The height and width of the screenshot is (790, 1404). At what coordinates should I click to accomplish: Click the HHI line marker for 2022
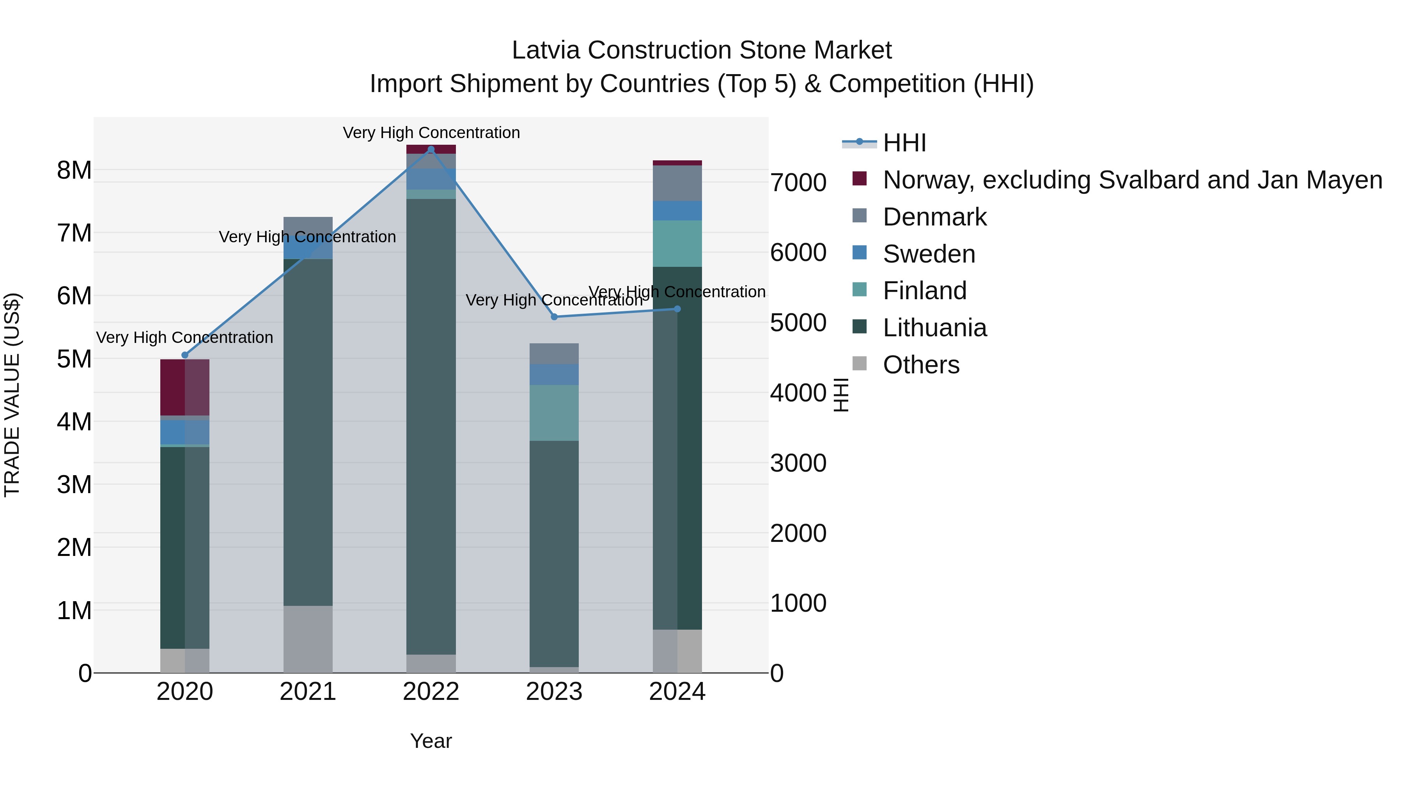pyautogui.click(x=431, y=149)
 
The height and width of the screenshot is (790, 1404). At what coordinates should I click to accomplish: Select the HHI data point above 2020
pyautogui.click(x=185, y=355)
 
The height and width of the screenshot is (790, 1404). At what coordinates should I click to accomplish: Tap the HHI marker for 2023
pyautogui.click(x=554, y=317)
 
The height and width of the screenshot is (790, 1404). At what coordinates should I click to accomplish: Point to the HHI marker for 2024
pyautogui.click(x=677, y=309)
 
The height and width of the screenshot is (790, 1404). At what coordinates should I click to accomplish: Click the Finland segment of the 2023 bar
pyautogui.click(x=554, y=413)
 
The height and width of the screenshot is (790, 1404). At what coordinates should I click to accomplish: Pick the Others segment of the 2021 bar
pyautogui.click(x=308, y=639)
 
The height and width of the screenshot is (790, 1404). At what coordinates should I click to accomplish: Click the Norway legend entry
pyautogui.click(x=1132, y=180)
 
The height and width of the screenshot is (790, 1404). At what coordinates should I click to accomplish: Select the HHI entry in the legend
pyautogui.click(x=904, y=143)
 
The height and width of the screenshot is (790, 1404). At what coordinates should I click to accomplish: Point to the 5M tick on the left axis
pyautogui.click(x=74, y=359)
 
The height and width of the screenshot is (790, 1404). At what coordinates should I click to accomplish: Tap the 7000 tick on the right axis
pyautogui.click(x=798, y=182)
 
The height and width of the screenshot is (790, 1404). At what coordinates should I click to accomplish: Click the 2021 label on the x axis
pyautogui.click(x=308, y=692)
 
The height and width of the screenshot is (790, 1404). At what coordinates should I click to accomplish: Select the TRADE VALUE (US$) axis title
pyautogui.click(x=12, y=395)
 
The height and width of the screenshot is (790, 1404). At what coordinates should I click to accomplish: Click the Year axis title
pyautogui.click(x=431, y=741)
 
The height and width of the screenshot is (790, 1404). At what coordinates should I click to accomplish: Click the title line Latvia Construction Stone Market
pyautogui.click(x=702, y=50)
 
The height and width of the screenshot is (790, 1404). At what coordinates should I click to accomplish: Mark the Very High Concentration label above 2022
pyautogui.click(x=431, y=133)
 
